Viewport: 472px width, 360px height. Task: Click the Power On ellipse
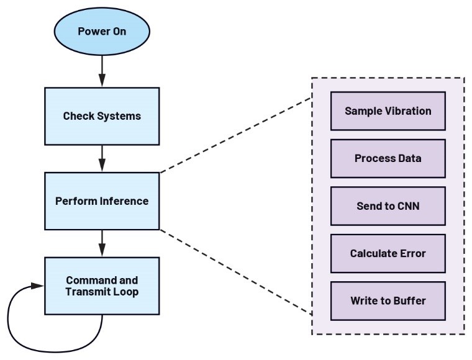pos(102,32)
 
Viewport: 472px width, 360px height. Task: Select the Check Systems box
pos(102,116)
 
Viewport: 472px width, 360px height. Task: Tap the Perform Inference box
pos(102,201)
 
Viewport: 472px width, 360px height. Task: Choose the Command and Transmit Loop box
pos(102,286)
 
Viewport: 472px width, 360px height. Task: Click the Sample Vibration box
pos(388,111)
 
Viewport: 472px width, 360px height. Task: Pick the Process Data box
pos(388,158)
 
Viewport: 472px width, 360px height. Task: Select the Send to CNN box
pos(388,206)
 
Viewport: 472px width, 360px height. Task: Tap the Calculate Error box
pos(388,253)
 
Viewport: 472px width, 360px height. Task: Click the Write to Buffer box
pos(388,301)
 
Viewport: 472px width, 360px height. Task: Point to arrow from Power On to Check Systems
pos(102,71)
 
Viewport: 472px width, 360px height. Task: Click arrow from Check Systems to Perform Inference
pos(102,159)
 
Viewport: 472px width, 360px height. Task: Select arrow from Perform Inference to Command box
pos(102,243)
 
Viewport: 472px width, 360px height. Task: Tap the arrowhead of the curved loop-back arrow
pos(38,286)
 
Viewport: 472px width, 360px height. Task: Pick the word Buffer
pos(410,301)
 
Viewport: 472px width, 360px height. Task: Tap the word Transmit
pos(85,292)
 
